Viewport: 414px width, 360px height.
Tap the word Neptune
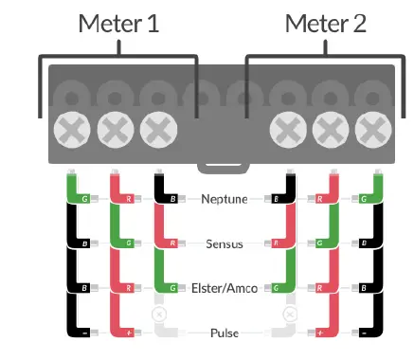(x=224, y=199)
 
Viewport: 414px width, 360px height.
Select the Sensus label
(x=224, y=243)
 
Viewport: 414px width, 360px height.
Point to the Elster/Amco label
(x=224, y=288)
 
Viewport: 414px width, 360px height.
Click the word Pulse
(x=224, y=333)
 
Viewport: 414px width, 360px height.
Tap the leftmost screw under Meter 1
(x=70, y=129)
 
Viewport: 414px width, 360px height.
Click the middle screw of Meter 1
(x=114, y=129)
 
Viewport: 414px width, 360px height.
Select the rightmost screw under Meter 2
(x=374, y=129)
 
